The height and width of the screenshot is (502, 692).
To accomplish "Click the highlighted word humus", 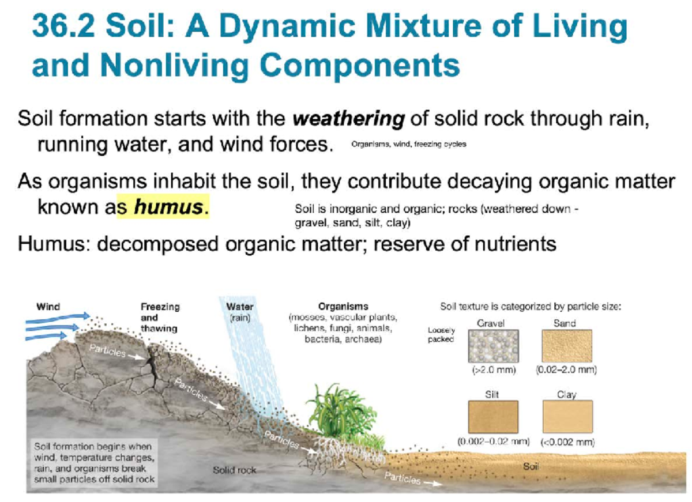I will click(169, 207).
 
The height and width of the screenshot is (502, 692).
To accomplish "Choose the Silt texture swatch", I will click(492, 417).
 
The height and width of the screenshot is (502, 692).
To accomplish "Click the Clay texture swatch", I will click(567, 417).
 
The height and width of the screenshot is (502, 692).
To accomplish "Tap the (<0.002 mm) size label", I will click(567, 443).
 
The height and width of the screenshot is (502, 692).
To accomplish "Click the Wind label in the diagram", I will click(48, 307).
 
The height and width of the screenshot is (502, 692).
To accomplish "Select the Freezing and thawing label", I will click(160, 318).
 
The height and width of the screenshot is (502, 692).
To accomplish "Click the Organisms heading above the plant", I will click(343, 307).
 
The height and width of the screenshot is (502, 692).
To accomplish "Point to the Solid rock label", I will click(234, 470).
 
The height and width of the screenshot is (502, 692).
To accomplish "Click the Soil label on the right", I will click(531, 466).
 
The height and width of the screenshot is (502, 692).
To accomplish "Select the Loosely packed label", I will click(441, 335).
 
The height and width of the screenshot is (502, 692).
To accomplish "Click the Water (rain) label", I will click(240, 312).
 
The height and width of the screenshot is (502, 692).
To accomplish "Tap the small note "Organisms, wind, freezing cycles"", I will click(408, 144).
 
